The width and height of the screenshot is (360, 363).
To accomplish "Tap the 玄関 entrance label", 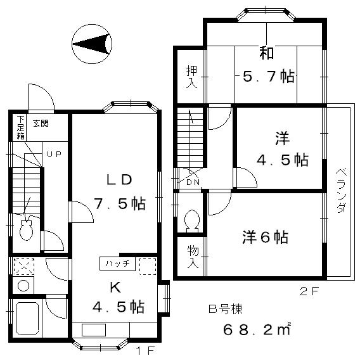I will coord(40,124).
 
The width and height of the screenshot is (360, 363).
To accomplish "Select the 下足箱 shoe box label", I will coord(21,127).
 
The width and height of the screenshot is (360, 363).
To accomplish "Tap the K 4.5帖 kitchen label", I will coord(118,297).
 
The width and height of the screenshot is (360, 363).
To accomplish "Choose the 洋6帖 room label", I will coord(265,237).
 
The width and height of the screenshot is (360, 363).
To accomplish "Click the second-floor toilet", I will coord(191,221).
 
